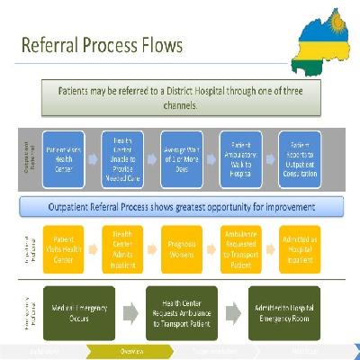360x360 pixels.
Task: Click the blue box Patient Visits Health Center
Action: (63, 159)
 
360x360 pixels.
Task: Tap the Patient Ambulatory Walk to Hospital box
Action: (241, 159)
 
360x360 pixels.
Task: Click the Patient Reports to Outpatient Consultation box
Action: (301, 159)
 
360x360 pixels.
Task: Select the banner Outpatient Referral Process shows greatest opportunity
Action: (187, 207)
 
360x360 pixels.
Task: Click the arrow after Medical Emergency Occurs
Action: (130, 311)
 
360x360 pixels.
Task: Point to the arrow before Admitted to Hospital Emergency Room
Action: (233, 311)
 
